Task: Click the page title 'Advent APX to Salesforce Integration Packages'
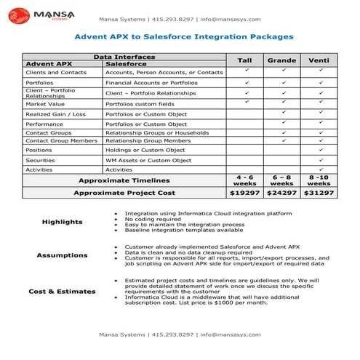click(x=184, y=36)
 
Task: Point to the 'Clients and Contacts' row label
click(x=46, y=73)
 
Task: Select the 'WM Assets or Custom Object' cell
click(x=148, y=160)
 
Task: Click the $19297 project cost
click(x=244, y=193)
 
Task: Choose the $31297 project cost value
click(x=319, y=193)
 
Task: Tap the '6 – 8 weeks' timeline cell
click(x=282, y=180)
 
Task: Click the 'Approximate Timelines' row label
click(x=124, y=180)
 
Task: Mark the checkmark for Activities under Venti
click(x=320, y=169)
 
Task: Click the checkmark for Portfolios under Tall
click(x=246, y=82)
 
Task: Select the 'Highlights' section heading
click(x=62, y=222)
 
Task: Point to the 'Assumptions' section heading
click(x=62, y=255)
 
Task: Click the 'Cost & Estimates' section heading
click(x=62, y=292)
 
